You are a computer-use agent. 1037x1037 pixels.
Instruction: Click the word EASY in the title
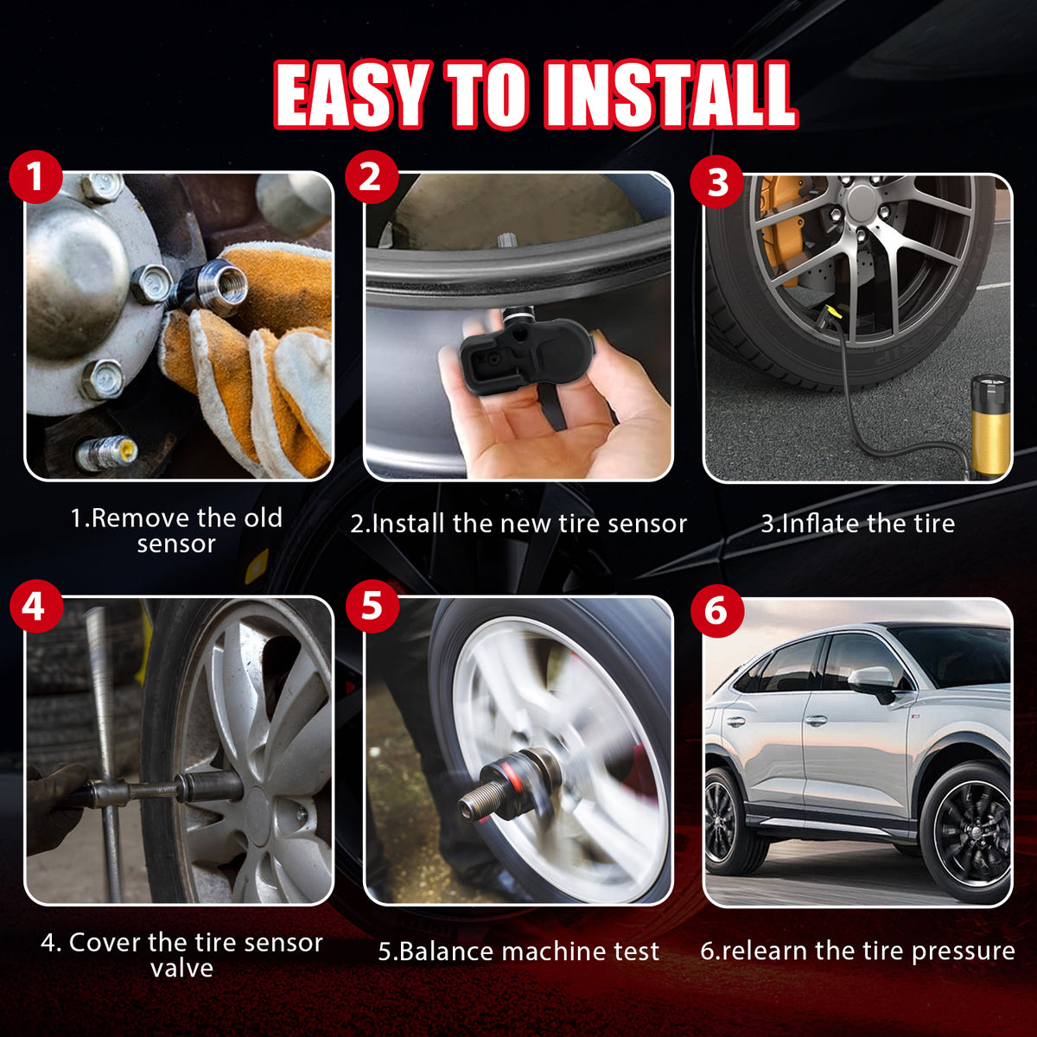[353, 94]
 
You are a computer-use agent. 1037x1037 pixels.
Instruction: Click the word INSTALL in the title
[669, 94]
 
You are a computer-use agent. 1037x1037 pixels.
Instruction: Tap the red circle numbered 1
[35, 177]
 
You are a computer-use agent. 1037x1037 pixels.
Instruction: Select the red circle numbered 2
[372, 177]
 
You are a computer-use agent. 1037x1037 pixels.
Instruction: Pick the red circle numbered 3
[716, 181]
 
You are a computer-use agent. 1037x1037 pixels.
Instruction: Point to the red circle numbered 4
[36, 606]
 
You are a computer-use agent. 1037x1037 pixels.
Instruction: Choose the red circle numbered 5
[372, 606]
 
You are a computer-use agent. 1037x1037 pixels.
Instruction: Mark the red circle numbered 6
[717, 611]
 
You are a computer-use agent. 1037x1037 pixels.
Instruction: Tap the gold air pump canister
[989, 426]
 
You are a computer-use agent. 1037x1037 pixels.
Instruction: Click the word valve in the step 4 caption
[181, 968]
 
